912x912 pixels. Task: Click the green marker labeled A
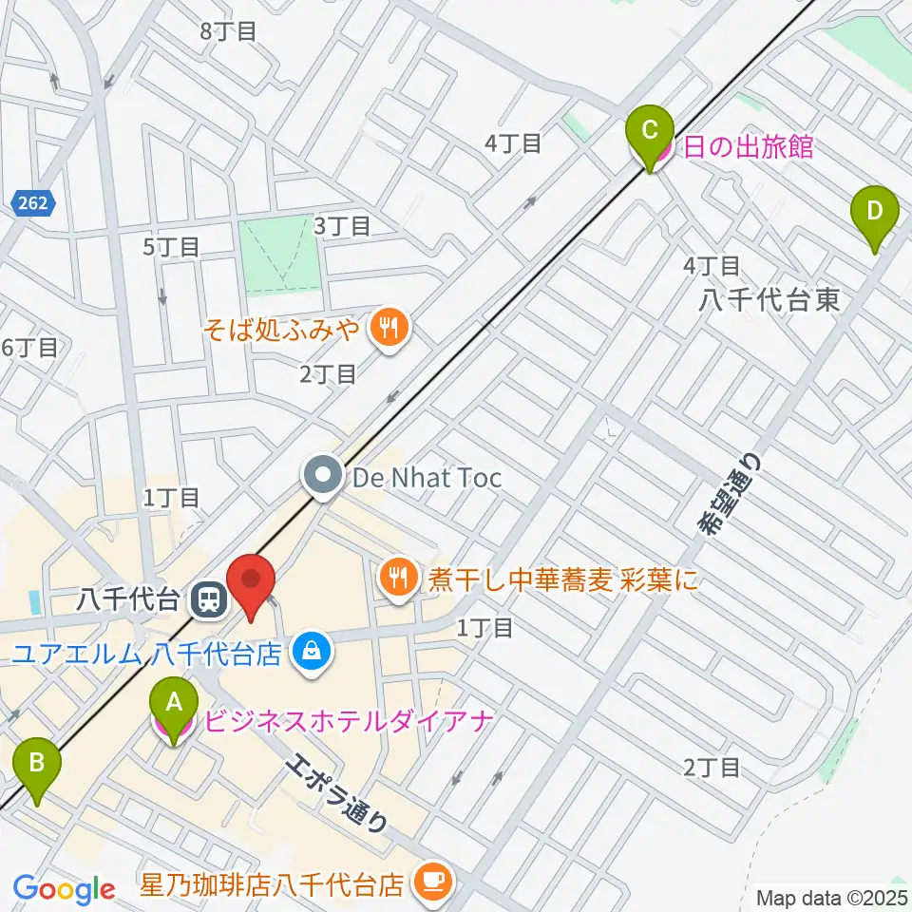(x=174, y=704)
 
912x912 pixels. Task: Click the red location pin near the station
(x=252, y=580)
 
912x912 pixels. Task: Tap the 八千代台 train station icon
(x=206, y=599)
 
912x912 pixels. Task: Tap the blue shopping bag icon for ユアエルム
(x=309, y=652)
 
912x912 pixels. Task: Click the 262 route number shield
(x=36, y=201)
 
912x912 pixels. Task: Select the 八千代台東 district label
(x=769, y=300)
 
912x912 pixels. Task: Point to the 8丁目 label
(x=229, y=30)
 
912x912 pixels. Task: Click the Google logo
(x=64, y=890)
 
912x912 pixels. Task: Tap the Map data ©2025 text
(x=831, y=897)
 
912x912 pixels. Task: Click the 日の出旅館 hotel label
(x=746, y=147)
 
